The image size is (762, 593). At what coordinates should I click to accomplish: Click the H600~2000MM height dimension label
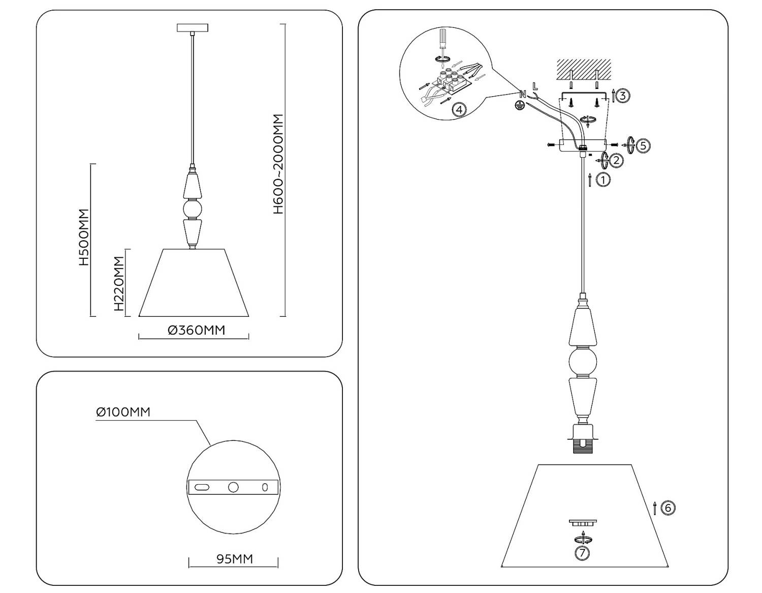[x=278, y=164]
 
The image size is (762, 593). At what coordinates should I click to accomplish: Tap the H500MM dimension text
[x=84, y=237]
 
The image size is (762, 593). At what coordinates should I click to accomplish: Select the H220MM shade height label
[x=118, y=283]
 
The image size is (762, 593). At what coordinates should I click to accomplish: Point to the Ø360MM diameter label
[x=196, y=330]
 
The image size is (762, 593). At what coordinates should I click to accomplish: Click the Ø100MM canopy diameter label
[x=123, y=412]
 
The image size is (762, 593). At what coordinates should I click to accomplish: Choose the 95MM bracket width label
[x=234, y=559]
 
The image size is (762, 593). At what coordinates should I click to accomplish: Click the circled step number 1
[x=603, y=180]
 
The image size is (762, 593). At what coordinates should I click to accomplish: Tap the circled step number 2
[x=616, y=161]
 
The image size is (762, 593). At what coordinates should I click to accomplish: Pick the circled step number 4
[x=459, y=109]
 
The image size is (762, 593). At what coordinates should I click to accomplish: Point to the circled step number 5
[x=643, y=145]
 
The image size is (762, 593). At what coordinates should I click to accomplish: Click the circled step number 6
[x=668, y=507]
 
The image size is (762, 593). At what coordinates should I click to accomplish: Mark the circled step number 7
[x=582, y=553]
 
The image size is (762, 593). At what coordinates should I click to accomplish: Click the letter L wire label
[x=534, y=86]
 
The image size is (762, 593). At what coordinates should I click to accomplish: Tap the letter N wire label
[x=523, y=94]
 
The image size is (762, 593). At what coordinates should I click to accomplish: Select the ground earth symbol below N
[x=519, y=105]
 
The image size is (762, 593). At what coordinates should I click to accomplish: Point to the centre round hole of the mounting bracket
[x=233, y=487]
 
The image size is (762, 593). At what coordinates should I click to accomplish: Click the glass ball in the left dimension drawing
[x=192, y=209]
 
